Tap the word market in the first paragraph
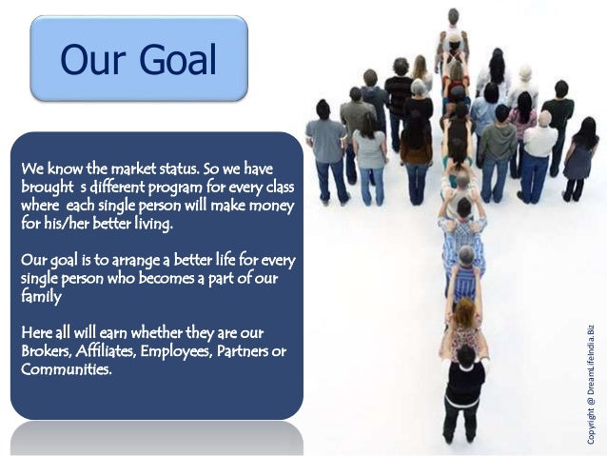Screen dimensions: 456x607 121,169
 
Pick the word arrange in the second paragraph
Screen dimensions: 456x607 127,261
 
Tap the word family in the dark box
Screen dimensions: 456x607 41,297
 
